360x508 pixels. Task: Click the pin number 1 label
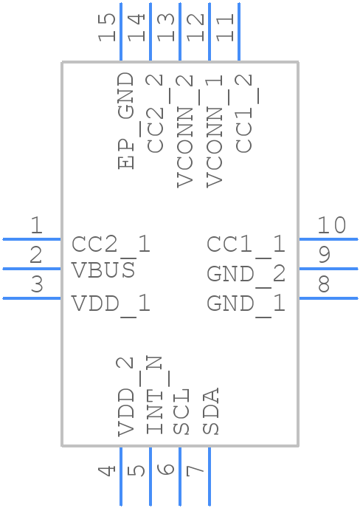pos(37,225)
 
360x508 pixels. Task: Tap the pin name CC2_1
pos(111,245)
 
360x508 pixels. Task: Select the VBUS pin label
pos(103,270)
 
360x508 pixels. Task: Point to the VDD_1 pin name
pos(111,304)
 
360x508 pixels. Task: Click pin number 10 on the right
pos(331,225)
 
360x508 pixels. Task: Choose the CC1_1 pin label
pos(246,245)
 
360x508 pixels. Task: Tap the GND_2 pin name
pos(246,275)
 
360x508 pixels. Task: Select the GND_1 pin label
pos(246,304)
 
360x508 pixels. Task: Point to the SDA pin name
pos(211,411)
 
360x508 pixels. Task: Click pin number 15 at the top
pos(107,27)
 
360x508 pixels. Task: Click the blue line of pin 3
pos(32,298)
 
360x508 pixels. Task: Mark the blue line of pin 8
pos(328,298)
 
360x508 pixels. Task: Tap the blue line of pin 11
pos(239,32)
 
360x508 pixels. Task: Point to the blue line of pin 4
pos(121,476)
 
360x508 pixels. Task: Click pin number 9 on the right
pos(325,255)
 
